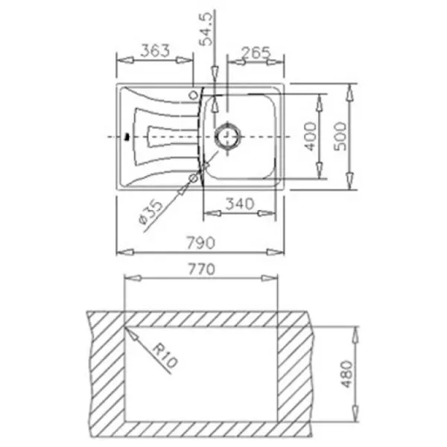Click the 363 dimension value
(156, 51)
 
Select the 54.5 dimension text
(206, 29)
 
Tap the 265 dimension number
(256, 53)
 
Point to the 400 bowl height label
(310, 136)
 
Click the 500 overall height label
(340, 136)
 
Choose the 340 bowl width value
(239, 204)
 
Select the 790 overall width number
(200, 243)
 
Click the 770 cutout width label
(201, 269)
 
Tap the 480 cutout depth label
(347, 374)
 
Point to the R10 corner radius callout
(165, 356)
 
